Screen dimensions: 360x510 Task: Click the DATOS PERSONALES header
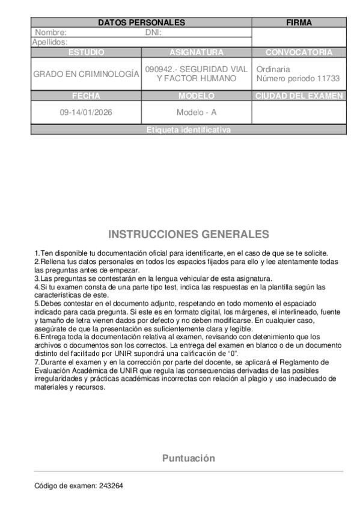point(141,22)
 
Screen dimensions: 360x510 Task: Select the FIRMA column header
point(299,22)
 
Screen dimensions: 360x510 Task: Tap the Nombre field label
point(50,32)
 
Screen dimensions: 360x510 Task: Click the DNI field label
point(154,32)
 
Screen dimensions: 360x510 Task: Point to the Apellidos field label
point(49,42)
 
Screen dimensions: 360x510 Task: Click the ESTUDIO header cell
point(86,52)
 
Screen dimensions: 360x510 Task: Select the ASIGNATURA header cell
point(197,52)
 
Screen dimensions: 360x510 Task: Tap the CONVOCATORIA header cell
point(299,52)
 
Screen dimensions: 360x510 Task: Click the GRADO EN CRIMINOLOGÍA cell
point(86,74)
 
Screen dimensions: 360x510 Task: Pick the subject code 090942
point(157,69)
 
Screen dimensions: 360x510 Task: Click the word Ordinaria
point(273,69)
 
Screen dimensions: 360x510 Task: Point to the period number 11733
point(327,79)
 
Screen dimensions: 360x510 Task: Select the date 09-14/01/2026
point(86,112)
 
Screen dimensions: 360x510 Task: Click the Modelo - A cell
point(197,112)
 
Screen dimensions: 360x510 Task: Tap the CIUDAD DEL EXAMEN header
point(299,96)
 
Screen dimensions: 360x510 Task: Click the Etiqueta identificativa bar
point(189,130)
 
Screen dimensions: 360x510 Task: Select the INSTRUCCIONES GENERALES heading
point(189,234)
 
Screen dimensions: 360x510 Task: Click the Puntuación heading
point(189,458)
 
